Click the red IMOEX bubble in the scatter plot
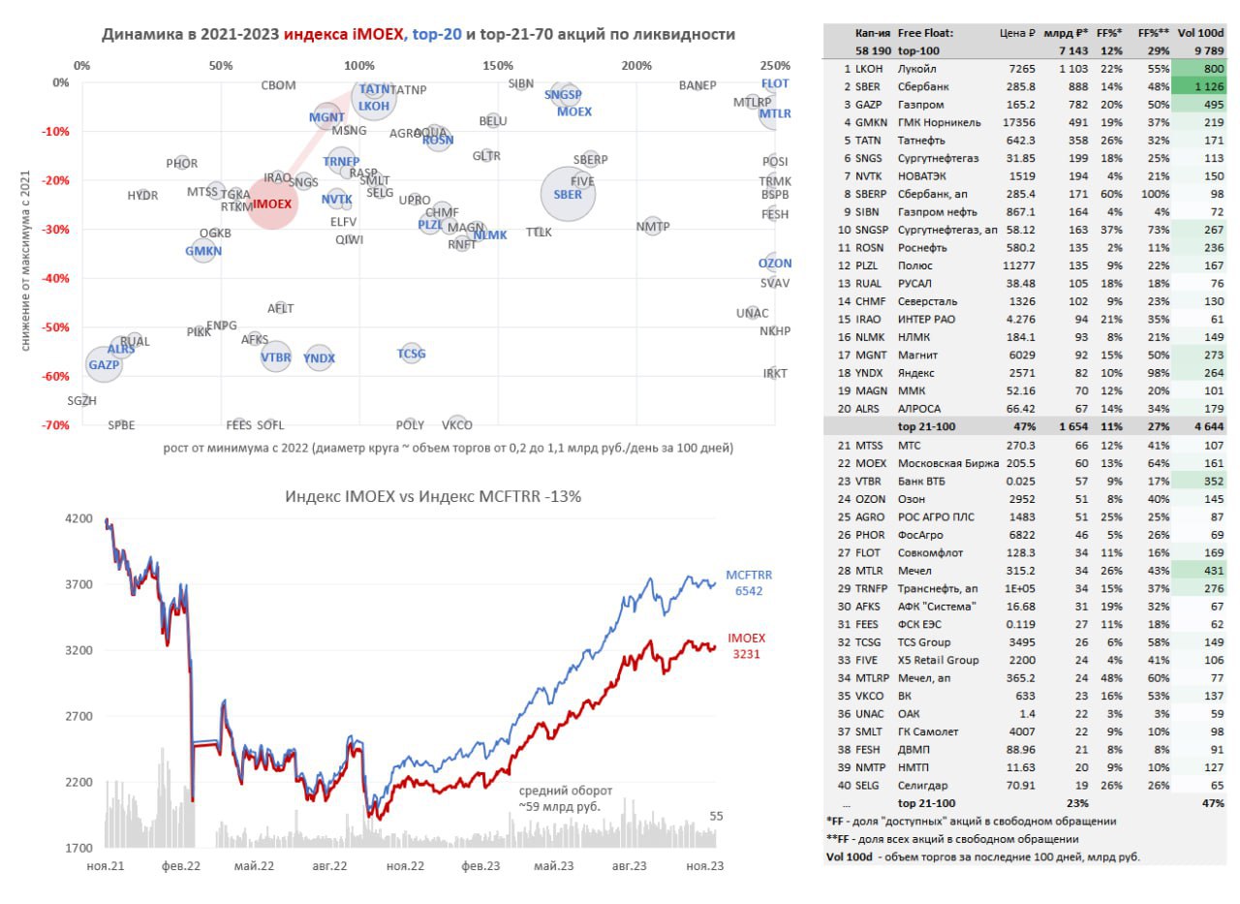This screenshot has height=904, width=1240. [272, 204]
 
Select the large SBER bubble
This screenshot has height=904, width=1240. [568, 194]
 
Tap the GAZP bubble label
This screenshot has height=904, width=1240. [104, 365]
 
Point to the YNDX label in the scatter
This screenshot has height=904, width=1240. [320, 358]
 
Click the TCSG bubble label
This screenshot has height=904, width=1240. [412, 354]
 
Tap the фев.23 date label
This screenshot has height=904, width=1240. [479, 865]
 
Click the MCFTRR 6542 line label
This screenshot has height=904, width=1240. [748, 582]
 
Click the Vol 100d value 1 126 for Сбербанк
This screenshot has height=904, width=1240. [1200, 87]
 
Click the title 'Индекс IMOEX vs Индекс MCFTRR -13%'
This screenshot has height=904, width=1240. [433, 496]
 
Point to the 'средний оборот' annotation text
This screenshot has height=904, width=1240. [566, 790]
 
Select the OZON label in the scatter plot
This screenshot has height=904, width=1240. [775, 264]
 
